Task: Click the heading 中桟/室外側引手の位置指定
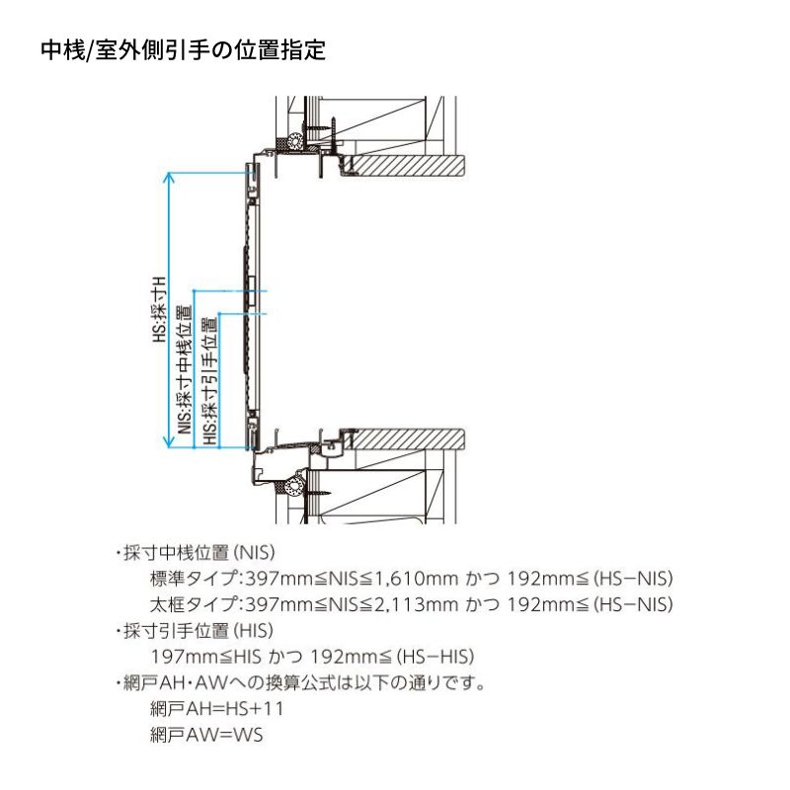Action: pos(183,50)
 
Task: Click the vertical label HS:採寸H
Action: pos(160,309)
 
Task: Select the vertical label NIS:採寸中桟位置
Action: pos(185,369)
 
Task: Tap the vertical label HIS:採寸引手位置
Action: pos(209,381)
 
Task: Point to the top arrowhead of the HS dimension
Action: pos(169,177)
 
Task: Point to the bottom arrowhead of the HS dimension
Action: pos(169,442)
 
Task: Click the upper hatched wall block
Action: pos(408,165)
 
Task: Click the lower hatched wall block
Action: pos(408,439)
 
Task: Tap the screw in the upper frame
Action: pos(322,127)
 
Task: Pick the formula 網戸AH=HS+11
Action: pos(216,709)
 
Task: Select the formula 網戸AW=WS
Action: pos(206,735)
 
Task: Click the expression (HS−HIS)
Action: pos(435,657)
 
